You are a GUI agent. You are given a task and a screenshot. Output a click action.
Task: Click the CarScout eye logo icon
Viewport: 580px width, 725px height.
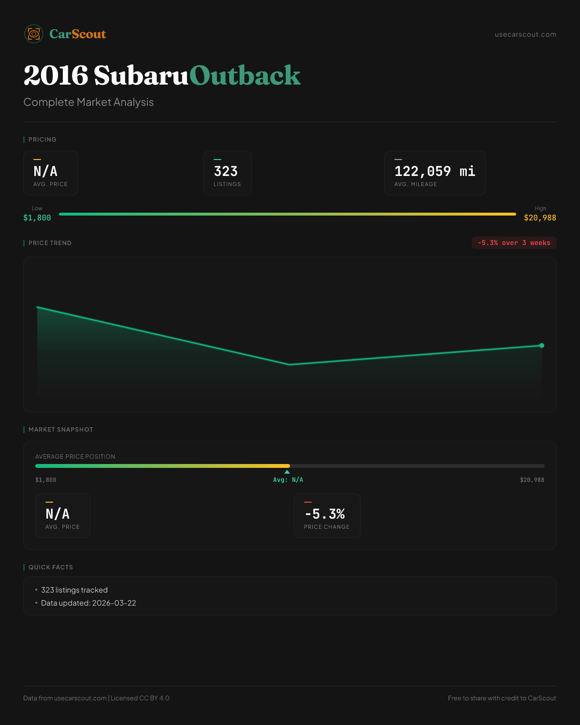click(34, 34)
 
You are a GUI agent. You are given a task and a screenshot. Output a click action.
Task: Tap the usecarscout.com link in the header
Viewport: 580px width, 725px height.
click(525, 34)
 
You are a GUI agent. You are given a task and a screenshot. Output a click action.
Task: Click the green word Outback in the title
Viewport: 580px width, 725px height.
click(245, 75)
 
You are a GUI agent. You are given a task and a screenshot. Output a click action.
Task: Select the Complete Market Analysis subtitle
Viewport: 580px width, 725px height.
click(88, 102)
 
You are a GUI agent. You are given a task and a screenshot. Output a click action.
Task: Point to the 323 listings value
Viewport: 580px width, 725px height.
click(226, 171)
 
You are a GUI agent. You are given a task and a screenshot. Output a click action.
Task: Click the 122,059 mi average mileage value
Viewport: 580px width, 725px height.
click(435, 171)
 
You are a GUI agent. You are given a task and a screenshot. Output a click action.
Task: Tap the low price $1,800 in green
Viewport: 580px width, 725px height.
click(37, 217)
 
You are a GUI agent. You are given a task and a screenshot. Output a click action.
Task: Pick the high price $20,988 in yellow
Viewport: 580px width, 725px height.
click(540, 217)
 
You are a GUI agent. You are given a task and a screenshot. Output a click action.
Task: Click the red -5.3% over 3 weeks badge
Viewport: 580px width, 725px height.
click(514, 243)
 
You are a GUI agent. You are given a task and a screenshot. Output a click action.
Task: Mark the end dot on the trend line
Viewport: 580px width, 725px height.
click(542, 345)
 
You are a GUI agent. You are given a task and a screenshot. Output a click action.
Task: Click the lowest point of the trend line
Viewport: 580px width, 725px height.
click(290, 364)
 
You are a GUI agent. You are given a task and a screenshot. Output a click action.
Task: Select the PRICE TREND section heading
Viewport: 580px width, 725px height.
click(50, 243)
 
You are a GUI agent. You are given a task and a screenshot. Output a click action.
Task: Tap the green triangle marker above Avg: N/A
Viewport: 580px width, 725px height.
click(287, 472)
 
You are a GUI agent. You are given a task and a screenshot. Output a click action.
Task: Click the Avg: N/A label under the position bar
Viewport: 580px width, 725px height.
click(288, 480)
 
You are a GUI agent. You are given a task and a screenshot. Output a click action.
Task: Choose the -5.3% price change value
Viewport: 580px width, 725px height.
click(325, 514)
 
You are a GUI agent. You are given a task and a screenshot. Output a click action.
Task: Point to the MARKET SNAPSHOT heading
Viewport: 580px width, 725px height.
click(60, 430)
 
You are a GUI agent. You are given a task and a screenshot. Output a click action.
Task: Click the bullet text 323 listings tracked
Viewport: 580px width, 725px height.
click(74, 590)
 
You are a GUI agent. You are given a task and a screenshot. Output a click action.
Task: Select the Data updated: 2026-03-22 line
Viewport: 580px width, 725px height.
click(88, 603)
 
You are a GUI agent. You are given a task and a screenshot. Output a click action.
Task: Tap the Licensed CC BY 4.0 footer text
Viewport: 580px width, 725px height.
click(140, 698)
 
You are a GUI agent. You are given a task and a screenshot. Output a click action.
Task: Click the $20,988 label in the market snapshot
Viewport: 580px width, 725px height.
click(532, 480)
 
